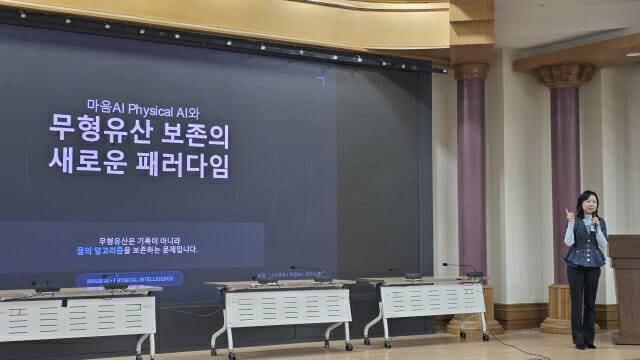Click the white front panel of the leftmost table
pos(77,317)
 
